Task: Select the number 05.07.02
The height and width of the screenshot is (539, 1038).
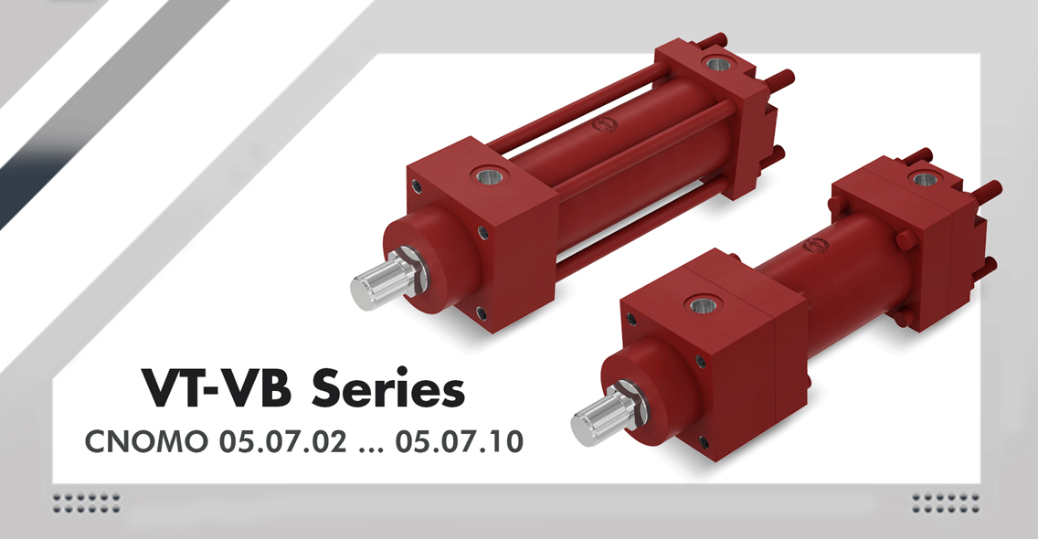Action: click(x=278, y=441)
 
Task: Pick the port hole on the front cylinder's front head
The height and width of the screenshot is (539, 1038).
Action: click(x=704, y=303)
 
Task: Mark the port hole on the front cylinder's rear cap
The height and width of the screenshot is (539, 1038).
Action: click(x=924, y=179)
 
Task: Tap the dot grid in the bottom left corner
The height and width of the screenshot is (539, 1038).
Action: click(x=87, y=502)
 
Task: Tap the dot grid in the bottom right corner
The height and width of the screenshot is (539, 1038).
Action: click(x=947, y=502)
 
